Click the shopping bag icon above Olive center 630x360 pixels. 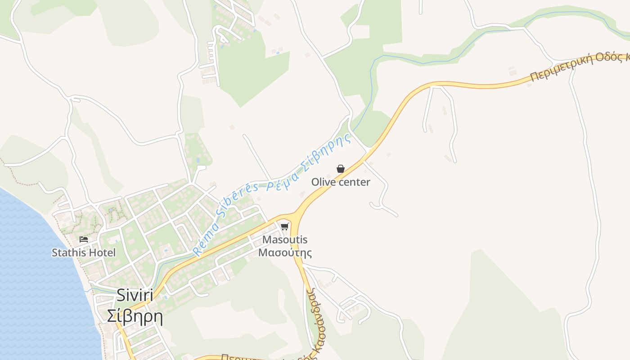pyautogui.click(x=341, y=169)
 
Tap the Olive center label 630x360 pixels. pyautogui.click(x=341, y=182)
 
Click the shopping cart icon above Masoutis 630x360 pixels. pyautogui.click(x=284, y=226)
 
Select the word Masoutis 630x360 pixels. pyautogui.click(x=285, y=240)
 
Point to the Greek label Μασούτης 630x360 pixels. pyautogui.click(x=285, y=252)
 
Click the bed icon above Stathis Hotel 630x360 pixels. pyautogui.click(x=84, y=239)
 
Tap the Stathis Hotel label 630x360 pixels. pyautogui.click(x=84, y=252)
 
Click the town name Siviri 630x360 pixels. pyautogui.click(x=135, y=296)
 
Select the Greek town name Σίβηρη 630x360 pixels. pyautogui.click(x=135, y=316)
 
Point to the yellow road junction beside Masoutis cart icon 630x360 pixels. pyautogui.click(x=295, y=216)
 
